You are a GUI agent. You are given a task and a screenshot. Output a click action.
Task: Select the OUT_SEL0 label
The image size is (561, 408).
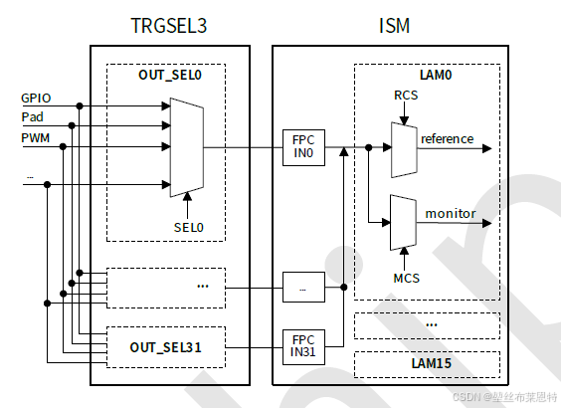click(167, 76)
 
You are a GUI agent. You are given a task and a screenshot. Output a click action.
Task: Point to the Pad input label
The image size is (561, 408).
click(32, 116)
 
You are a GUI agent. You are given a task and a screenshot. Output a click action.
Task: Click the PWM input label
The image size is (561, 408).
click(36, 136)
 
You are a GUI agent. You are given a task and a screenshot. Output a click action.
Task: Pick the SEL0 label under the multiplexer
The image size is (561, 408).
click(188, 227)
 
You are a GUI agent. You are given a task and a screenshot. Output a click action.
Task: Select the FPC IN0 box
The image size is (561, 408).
click(303, 147)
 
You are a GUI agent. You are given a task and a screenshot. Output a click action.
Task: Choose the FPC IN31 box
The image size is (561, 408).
click(303, 345)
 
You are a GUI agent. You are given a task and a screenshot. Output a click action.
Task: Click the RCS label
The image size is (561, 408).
click(405, 97)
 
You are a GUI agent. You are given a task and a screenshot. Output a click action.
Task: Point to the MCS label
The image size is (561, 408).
click(405, 278)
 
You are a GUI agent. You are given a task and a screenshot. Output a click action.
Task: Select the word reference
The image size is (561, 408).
click(447, 138)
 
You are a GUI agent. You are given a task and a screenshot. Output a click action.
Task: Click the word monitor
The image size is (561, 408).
click(450, 213)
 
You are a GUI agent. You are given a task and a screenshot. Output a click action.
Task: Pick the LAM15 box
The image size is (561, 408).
click(427, 364)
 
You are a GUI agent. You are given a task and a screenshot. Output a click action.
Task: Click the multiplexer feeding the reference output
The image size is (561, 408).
click(404, 147)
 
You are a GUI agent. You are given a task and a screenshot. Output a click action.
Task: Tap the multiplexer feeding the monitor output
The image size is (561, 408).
click(404, 221)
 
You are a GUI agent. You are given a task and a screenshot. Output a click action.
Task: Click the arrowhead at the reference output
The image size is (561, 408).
click(485, 148)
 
